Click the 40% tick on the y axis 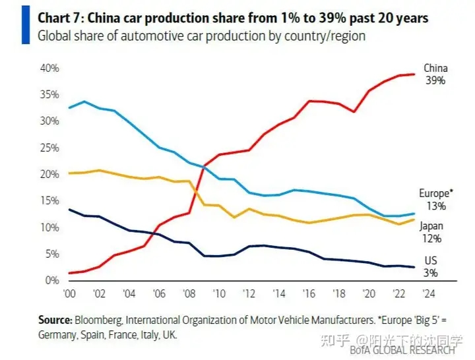[x=50, y=68]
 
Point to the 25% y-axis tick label [x=50, y=148]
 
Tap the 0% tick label [x=53, y=280]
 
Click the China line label [x=435, y=68]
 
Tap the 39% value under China [x=435, y=80]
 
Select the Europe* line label [x=435, y=193]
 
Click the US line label [x=430, y=260]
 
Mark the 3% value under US [x=430, y=272]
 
